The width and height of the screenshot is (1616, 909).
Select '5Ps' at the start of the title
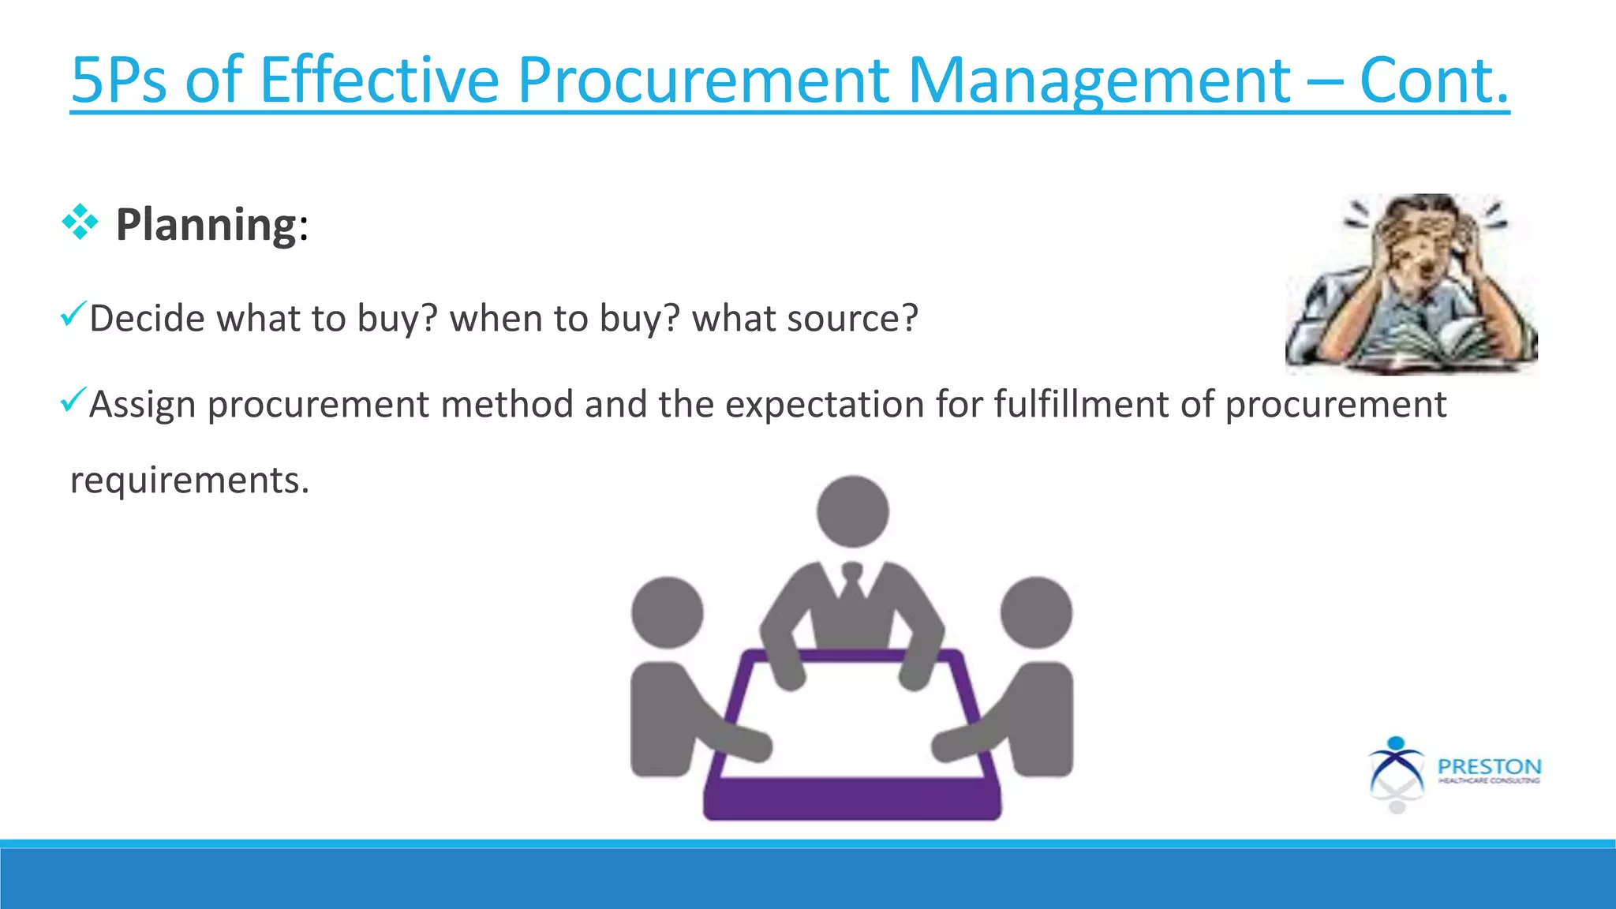[118, 80]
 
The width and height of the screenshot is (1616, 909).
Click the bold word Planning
[207, 225]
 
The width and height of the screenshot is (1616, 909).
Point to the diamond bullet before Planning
[80, 223]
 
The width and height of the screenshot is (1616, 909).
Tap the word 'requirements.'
[189, 481]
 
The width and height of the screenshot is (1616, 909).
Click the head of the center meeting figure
[852, 511]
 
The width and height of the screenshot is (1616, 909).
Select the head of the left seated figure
[668, 612]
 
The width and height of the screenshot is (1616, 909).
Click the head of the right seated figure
[1036, 612]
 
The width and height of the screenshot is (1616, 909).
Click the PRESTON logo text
[1489, 767]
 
